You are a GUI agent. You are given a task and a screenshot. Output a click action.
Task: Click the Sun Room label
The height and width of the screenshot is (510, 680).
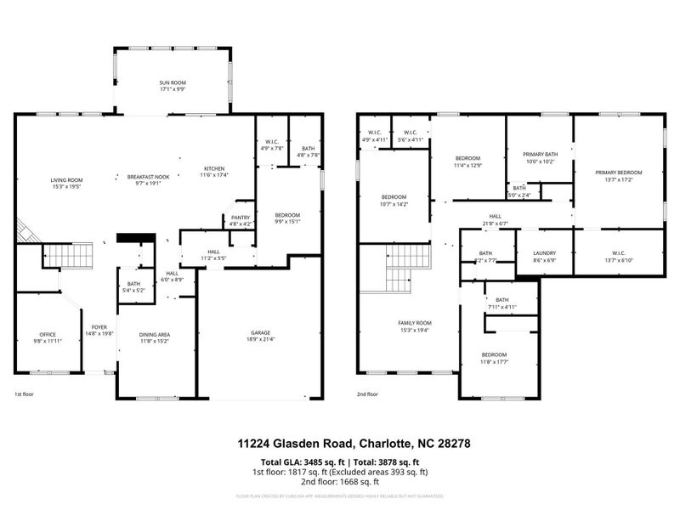point(173,82)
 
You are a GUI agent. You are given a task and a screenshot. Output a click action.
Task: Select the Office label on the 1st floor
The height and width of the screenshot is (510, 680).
point(48,334)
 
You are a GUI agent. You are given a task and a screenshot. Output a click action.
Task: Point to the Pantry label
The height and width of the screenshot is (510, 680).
point(241,218)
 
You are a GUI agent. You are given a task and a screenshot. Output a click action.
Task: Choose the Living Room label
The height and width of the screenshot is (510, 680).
point(66,179)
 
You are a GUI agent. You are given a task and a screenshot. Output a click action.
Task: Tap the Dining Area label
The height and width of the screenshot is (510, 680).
point(155,334)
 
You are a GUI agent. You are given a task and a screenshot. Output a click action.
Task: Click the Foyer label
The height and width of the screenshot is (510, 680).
point(99,327)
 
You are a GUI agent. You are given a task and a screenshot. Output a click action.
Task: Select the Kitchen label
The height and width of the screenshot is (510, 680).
point(214,168)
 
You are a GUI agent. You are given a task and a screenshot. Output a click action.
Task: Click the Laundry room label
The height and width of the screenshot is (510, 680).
point(544,252)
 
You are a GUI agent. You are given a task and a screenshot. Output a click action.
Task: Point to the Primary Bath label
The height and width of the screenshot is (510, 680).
point(539,154)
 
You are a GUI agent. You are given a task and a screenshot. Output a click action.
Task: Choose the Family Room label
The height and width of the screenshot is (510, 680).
point(415,323)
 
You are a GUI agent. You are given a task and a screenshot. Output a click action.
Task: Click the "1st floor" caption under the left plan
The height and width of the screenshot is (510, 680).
point(23,395)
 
